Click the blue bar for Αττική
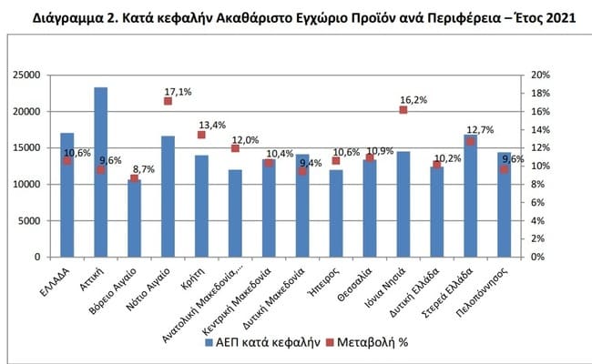(x=100, y=173)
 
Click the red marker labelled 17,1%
(x=168, y=101)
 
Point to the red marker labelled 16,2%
(x=403, y=110)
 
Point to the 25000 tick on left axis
(x=33, y=75)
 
